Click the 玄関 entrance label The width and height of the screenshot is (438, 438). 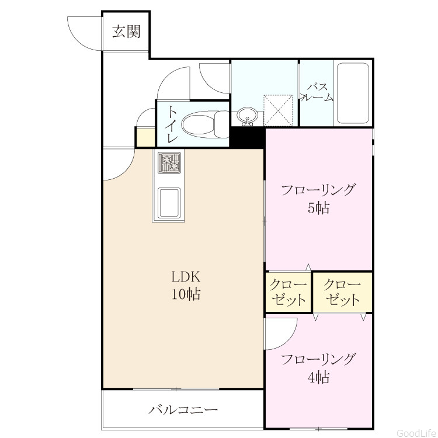126,32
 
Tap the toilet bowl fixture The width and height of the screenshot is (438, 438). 206,124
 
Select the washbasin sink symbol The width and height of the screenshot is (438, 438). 247,116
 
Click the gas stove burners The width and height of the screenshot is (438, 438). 169,162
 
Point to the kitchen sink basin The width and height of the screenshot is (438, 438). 169,203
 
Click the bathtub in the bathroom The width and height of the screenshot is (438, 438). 353,93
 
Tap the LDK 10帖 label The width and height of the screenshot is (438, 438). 186,286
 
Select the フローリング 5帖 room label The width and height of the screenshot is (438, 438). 318,199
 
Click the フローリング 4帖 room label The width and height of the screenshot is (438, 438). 318,368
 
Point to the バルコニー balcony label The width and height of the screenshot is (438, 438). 183,410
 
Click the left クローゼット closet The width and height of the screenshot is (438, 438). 288,292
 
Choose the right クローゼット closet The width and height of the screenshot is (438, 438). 342,292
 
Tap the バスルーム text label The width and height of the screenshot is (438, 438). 317,92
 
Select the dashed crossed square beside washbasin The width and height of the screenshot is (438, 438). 278,110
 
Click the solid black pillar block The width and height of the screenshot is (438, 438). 247,137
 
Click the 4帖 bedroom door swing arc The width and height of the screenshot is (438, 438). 288,338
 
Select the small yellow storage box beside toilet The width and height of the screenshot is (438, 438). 145,137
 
